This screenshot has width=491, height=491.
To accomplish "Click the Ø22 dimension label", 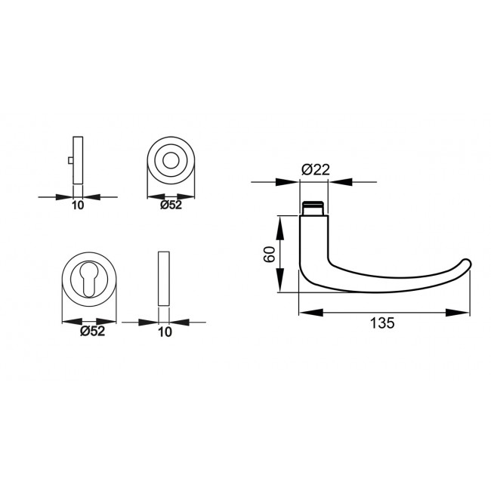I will (315, 170).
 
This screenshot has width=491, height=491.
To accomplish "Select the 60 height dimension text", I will (268, 254).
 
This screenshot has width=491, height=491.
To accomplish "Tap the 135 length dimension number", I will (382, 324).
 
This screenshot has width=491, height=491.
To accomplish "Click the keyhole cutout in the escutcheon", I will (91, 283).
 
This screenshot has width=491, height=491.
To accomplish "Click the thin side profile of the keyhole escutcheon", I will (164, 279).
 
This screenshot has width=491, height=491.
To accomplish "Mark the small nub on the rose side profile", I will (69, 160).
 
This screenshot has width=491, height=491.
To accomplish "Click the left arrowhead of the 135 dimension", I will (306, 312).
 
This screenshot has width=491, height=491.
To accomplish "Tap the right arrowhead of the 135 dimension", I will (462, 312).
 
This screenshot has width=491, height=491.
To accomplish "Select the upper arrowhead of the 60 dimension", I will (281, 221).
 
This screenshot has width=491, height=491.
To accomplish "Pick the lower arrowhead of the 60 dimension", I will (281, 287).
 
